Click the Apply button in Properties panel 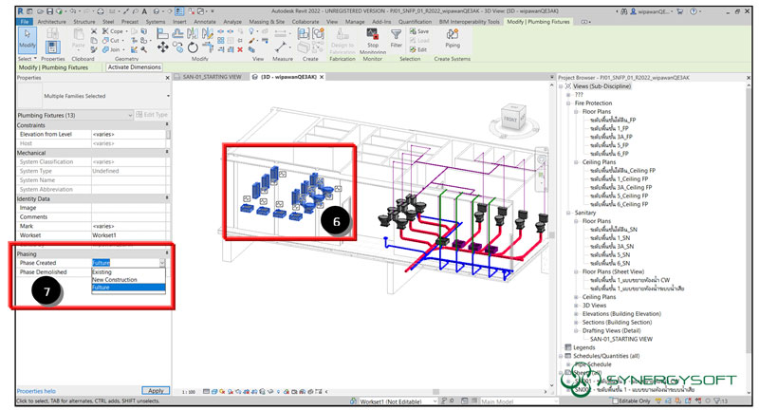[x=156, y=390]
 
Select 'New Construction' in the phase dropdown [x=114, y=280]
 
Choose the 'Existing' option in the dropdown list [x=102, y=271]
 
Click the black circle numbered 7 [x=45, y=290]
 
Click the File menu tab [x=25, y=20]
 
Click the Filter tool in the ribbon [x=397, y=39]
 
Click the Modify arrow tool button [x=28, y=40]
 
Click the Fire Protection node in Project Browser [x=594, y=103]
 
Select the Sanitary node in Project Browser [x=586, y=213]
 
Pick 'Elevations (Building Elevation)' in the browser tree [x=621, y=312]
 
